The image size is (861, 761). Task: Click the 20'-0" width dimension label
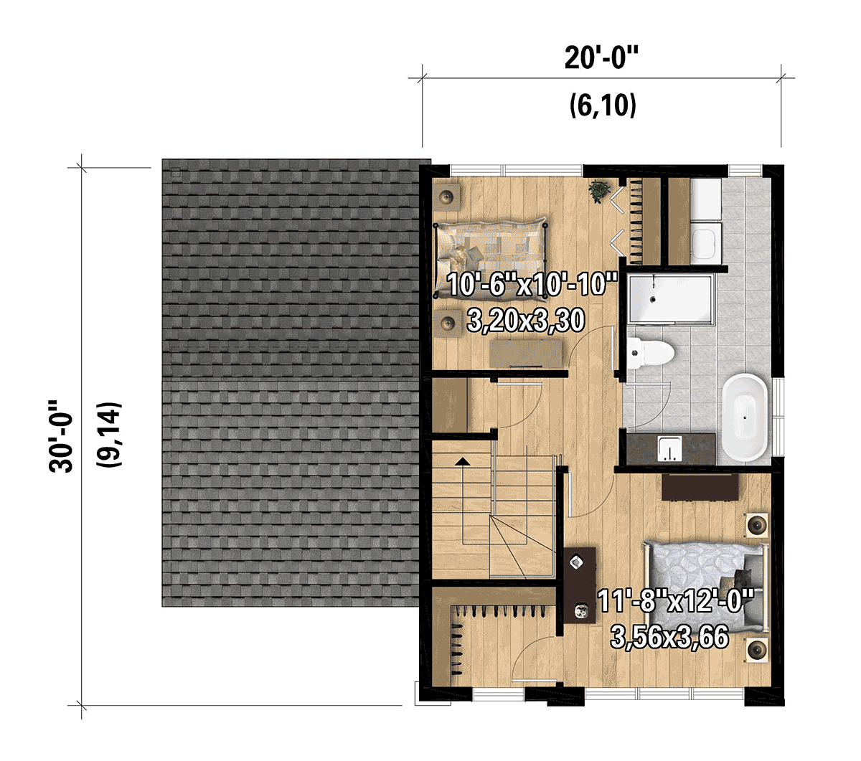pyautogui.click(x=601, y=58)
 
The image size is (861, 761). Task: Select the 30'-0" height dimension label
pyautogui.click(x=61, y=436)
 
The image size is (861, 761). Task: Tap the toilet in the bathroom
pyautogui.click(x=651, y=353)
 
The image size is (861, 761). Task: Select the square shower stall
pyautogui.click(x=670, y=298)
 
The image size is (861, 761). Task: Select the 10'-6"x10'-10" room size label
pyautogui.click(x=532, y=285)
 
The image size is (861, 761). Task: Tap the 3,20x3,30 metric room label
pyautogui.click(x=526, y=321)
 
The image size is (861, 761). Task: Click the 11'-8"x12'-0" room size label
pyautogui.click(x=675, y=602)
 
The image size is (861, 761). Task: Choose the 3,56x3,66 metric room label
pyautogui.click(x=669, y=637)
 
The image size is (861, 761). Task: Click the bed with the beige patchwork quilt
pyautogui.click(x=491, y=254)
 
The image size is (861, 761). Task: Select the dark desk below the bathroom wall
pyautogui.click(x=700, y=486)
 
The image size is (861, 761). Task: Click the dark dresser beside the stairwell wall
pyautogui.click(x=580, y=585)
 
